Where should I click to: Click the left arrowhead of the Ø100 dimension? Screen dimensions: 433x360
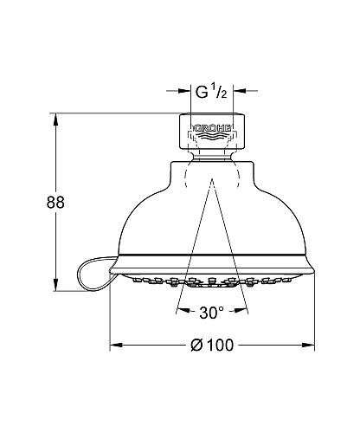[x=114, y=346]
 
